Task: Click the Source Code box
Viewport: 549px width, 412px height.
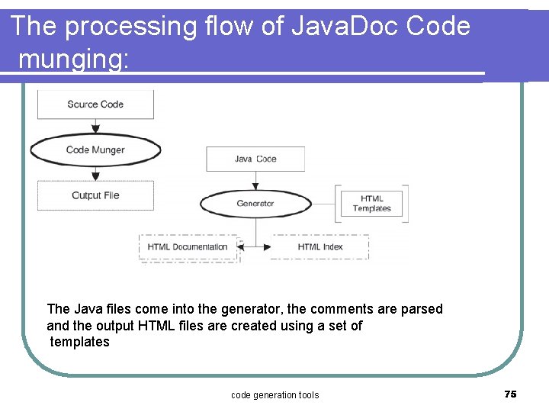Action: point(95,105)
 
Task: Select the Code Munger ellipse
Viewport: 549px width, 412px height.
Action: point(95,150)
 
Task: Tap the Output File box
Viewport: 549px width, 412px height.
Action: point(95,195)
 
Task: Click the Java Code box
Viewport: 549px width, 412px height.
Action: point(255,159)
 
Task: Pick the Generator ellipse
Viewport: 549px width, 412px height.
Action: point(255,204)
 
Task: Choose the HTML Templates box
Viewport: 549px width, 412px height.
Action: point(371,204)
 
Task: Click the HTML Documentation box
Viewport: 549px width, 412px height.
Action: point(188,247)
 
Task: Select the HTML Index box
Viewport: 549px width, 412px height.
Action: point(320,247)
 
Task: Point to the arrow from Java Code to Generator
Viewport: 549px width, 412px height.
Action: point(255,181)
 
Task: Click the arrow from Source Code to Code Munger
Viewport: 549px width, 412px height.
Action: point(95,127)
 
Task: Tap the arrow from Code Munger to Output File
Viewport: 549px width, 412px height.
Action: point(95,173)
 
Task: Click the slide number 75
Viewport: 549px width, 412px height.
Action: point(510,394)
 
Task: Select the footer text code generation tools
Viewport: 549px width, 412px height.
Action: point(274,394)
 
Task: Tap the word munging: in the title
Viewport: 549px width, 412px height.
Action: point(73,59)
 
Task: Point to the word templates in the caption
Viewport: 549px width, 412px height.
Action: point(80,342)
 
